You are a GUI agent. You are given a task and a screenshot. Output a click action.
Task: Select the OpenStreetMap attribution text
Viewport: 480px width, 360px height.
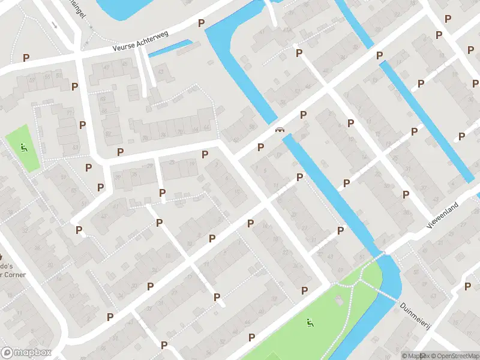(454, 356)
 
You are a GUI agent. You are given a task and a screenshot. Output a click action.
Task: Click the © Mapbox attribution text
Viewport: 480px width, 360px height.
(414, 356)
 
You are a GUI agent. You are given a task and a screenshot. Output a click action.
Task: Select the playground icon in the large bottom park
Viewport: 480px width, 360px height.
(310, 323)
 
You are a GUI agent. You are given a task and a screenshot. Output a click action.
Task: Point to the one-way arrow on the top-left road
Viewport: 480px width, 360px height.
(54, 25)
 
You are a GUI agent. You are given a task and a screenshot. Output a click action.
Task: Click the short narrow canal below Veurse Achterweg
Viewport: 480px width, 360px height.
(170, 48)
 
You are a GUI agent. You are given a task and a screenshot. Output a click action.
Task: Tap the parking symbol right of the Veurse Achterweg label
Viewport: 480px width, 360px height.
(201, 23)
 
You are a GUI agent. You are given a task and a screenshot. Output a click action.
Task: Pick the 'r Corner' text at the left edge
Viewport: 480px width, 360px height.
(7, 277)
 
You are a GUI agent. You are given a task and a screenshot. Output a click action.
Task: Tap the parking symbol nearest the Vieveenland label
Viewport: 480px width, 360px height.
(406, 194)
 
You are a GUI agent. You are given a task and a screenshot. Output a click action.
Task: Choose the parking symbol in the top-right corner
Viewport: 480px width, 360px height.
(448, 19)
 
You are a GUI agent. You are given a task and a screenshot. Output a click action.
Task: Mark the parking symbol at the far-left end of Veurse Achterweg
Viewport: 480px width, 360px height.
(26, 58)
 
